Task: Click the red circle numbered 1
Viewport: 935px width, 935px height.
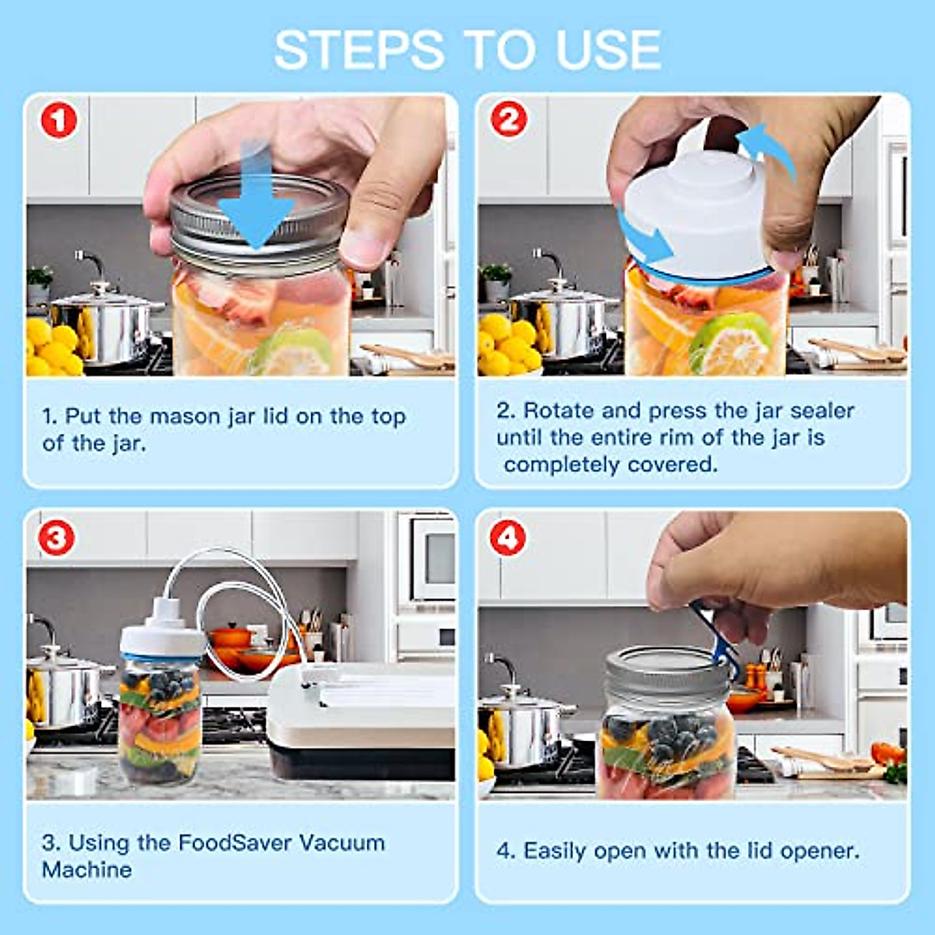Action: [x=58, y=122]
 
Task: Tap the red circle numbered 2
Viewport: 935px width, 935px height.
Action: [x=509, y=120]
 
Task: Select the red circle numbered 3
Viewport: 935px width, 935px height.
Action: [x=57, y=538]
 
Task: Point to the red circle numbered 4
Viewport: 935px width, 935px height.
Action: [x=507, y=538]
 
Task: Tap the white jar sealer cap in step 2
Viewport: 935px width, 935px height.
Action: [x=697, y=210]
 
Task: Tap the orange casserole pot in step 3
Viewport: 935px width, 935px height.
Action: [x=231, y=635]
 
